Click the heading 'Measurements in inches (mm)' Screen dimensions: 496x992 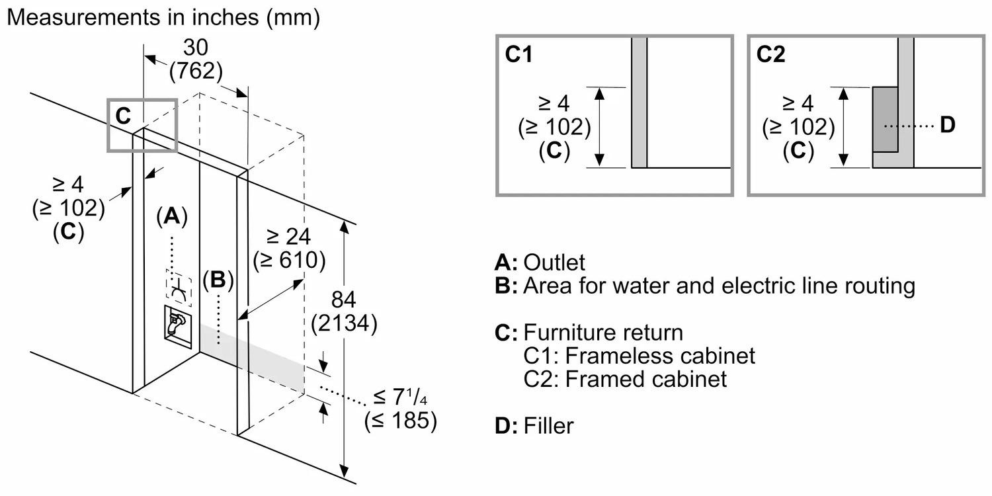coord(163,18)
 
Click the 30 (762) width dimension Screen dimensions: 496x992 coord(196,59)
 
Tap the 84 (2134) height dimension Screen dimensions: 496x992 coord(345,311)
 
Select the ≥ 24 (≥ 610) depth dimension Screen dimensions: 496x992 coord(289,248)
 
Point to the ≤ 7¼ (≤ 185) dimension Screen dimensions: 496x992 coord(400,409)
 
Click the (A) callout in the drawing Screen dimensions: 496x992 coord(171,215)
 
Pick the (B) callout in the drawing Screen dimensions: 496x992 coord(218,280)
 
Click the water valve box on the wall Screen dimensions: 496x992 coord(177,324)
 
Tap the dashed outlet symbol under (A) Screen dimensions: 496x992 coord(177,288)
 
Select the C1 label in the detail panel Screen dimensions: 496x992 coord(518,55)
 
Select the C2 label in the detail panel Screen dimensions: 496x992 coord(770,55)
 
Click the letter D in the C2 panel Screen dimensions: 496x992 coord(947,124)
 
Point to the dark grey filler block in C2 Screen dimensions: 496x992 coord(885,118)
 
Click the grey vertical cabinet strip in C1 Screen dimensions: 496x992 coord(639,103)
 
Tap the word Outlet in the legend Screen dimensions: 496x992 coord(554,263)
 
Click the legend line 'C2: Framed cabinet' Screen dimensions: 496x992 coord(625,379)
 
